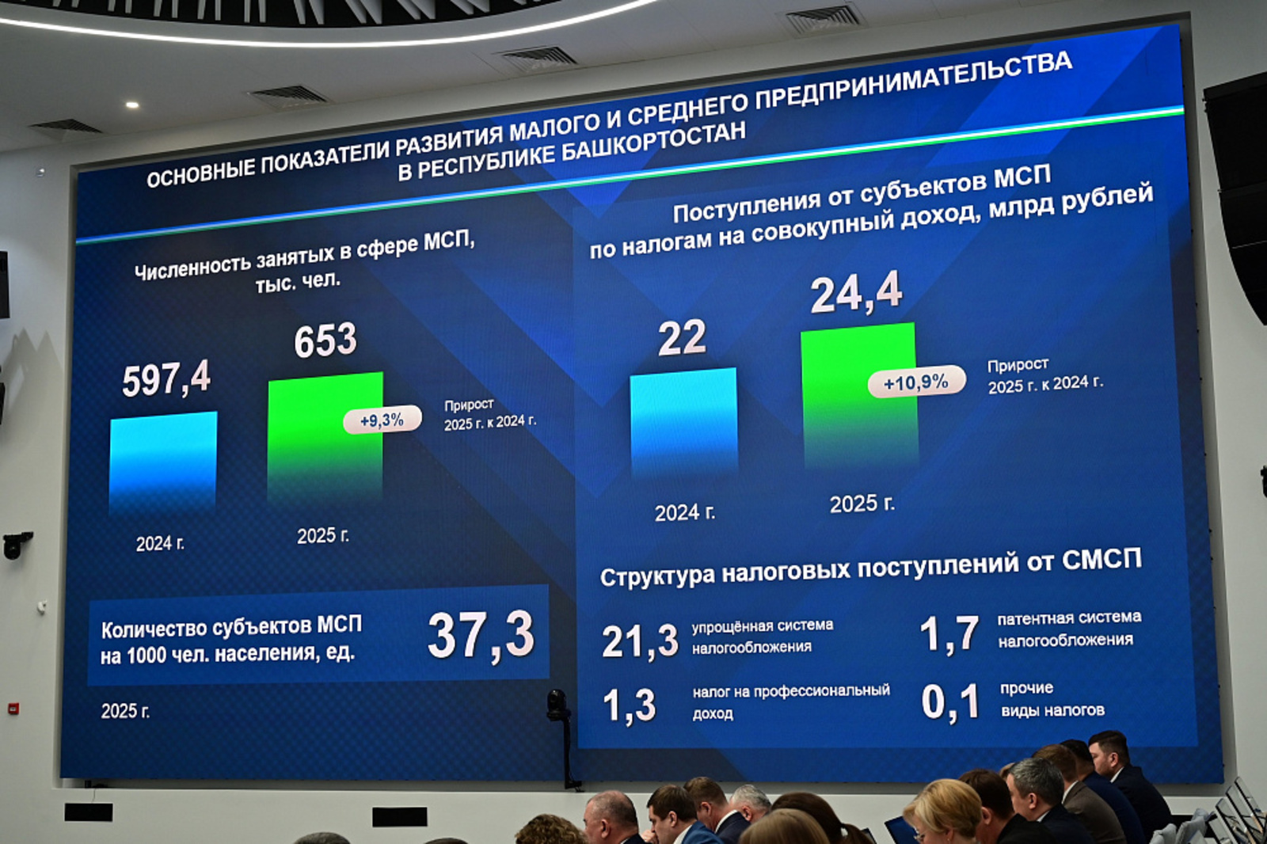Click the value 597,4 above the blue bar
166,378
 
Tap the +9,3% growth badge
382,420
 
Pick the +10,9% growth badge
916,382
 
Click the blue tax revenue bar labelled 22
683,424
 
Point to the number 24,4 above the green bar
856,293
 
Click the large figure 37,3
481,635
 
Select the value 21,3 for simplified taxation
640,641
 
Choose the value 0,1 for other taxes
950,702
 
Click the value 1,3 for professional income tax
630,705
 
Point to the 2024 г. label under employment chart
160,544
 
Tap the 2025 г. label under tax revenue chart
862,504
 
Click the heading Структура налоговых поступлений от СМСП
870,568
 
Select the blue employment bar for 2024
163,463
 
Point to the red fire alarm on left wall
13,709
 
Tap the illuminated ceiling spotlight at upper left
132,105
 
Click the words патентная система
1069,618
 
